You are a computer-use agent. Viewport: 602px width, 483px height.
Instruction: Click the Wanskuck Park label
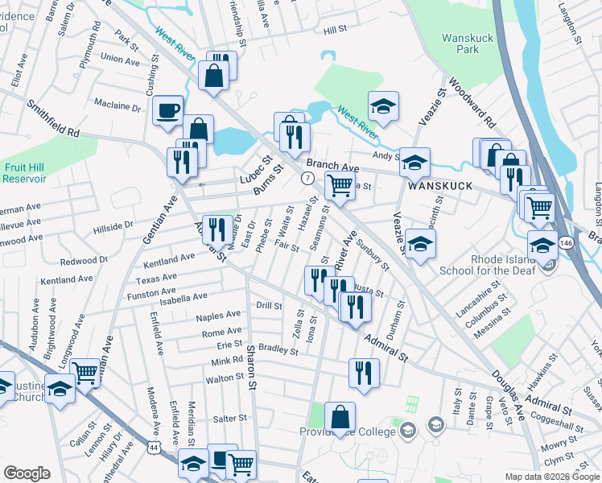click(x=460, y=43)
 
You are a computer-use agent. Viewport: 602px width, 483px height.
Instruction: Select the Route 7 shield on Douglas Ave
click(x=307, y=176)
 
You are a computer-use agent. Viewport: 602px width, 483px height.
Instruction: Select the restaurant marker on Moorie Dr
click(x=215, y=229)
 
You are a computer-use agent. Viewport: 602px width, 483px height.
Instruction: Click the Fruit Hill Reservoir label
click(x=24, y=172)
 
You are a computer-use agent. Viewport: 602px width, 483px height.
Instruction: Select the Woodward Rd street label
click(x=472, y=102)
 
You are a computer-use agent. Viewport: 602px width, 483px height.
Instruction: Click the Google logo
click(x=27, y=473)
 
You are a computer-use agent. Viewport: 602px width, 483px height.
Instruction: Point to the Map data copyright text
click(x=551, y=477)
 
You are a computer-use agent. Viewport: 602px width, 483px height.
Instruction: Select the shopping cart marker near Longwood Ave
click(x=85, y=372)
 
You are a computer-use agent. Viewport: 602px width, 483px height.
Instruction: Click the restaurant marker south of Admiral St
click(x=364, y=373)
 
